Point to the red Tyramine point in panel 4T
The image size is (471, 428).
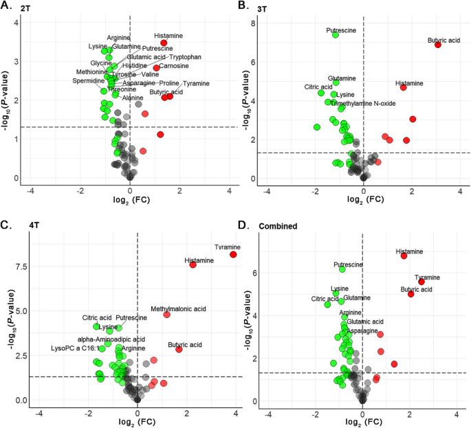[233, 254]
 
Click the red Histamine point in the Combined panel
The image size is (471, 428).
[404, 256]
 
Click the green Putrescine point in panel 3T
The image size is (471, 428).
[336, 34]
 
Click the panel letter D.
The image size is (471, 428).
[242, 224]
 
